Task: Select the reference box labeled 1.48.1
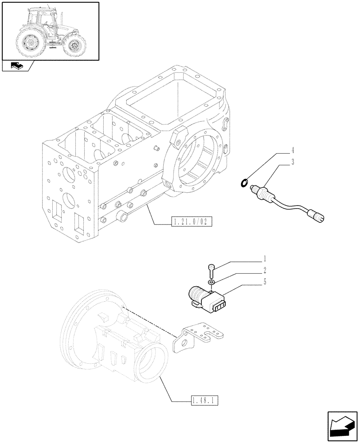(x=205, y=401)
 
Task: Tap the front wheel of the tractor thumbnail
(x=74, y=45)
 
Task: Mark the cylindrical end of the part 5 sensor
(x=196, y=293)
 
